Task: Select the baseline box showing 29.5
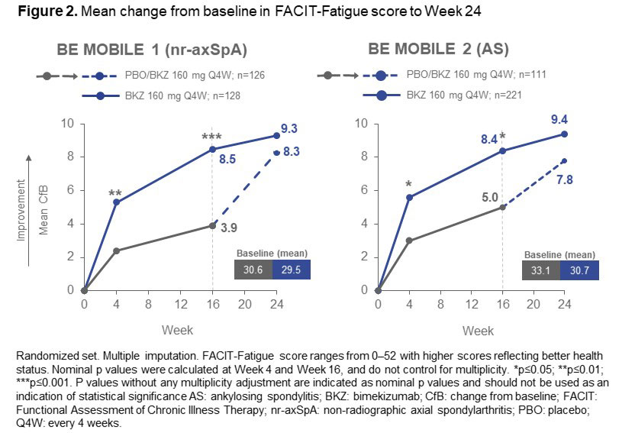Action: (291, 270)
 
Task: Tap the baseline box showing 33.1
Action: (542, 270)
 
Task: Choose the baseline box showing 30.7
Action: (579, 270)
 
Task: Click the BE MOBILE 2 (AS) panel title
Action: (438, 51)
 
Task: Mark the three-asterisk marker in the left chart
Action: (211, 138)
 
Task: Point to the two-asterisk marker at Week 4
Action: (116, 195)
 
